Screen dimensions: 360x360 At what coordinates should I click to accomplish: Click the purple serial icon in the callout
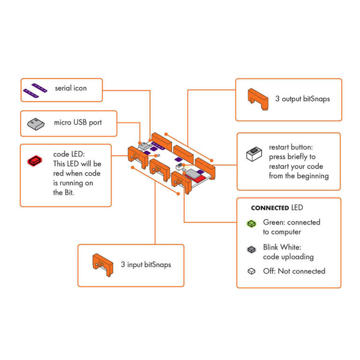click(x=37, y=89)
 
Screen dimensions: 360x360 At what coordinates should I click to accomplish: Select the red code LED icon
click(x=36, y=161)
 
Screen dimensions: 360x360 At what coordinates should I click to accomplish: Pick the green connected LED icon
click(x=252, y=224)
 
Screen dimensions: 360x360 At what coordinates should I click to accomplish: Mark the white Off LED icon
click(x=252, y=271)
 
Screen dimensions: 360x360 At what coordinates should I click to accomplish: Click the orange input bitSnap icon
click(x=103, y=264)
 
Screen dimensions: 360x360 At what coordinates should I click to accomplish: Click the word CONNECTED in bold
click(x=270, y=208)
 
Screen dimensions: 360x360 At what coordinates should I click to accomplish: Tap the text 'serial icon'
click(x=71, y=88)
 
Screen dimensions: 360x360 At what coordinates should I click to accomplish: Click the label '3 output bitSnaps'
click(x=302, y=99)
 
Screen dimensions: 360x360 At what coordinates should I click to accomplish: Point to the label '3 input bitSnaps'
click(x=146, y=264)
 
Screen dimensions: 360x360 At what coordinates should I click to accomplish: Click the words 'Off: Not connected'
click(x=294, y=271)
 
